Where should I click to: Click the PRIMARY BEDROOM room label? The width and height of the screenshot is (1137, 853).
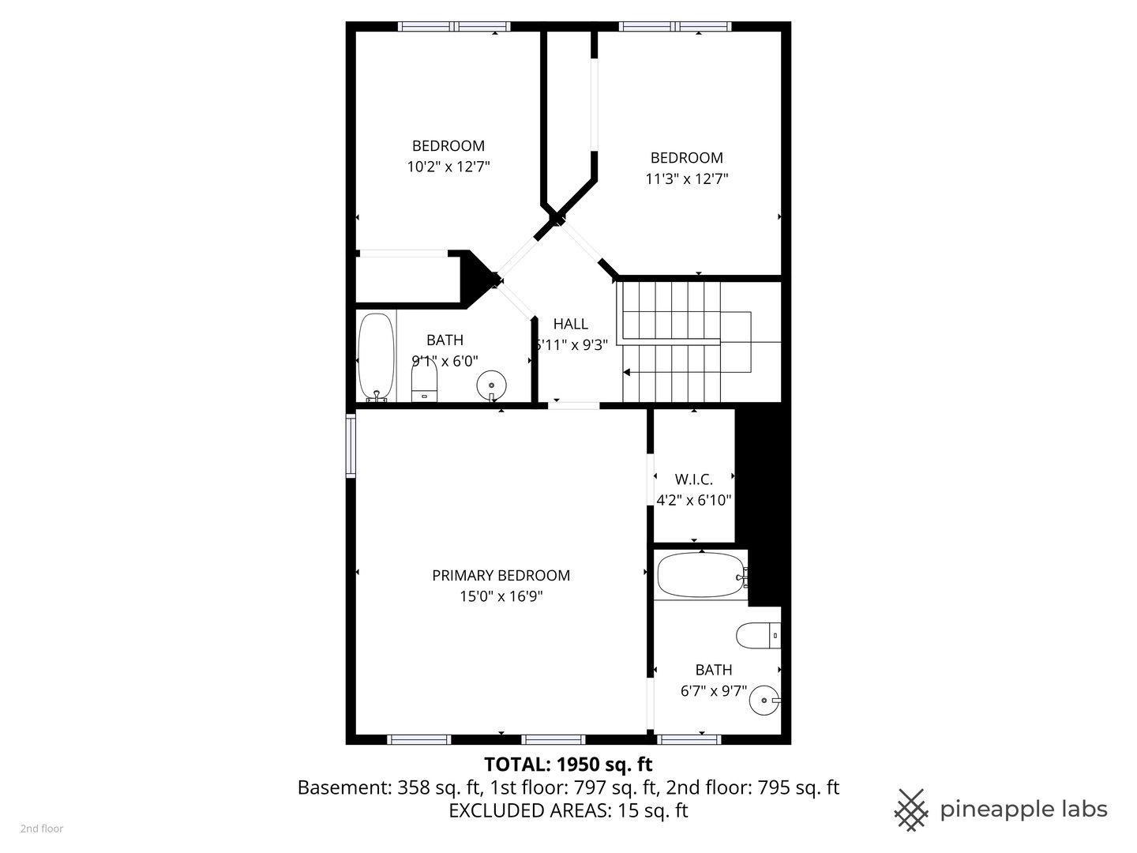pyautogui.click(x=501, y=576)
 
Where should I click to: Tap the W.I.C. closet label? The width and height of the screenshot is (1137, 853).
pyautogui.click(x=693, y=479)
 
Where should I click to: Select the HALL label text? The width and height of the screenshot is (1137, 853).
pyautogui.click(x=570, y=324)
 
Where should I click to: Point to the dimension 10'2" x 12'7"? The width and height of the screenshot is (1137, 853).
pyautogui.click(x=448, y=167)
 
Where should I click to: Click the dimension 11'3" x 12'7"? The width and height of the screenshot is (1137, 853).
pyautogui.click(x=686, y=178)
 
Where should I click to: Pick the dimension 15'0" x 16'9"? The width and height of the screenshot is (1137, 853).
pyautogui.click(x=501, y=596)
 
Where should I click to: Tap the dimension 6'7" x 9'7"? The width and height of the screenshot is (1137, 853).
pyautogui.click(x=713, y=691)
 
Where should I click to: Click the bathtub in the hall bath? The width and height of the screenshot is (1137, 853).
pyautogui.click(x=376, y=357)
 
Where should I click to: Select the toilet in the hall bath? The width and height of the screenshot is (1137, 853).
pyautogui.click(x=424, y=384)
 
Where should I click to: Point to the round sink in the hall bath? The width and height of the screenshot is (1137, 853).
pyautogui.click(x=491, y=385)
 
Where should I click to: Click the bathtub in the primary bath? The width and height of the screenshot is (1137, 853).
pyautogui.click(x=700, y=575)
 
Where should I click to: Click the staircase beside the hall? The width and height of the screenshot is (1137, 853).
pyautogui.click(x=679, y=341)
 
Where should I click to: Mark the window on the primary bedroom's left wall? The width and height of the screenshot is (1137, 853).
pyautogui.click(x=351, y=446)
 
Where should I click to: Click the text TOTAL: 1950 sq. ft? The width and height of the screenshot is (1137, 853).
pyautogui.click(x=568, y=765)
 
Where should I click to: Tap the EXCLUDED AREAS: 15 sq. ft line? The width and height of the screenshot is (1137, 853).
pyautogui.click(x=568, y=810)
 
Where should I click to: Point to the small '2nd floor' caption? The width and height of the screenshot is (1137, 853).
pyautogui.click(x=42, y=829)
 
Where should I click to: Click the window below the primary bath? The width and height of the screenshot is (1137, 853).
pyautogui.click(x=689, y=740)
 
